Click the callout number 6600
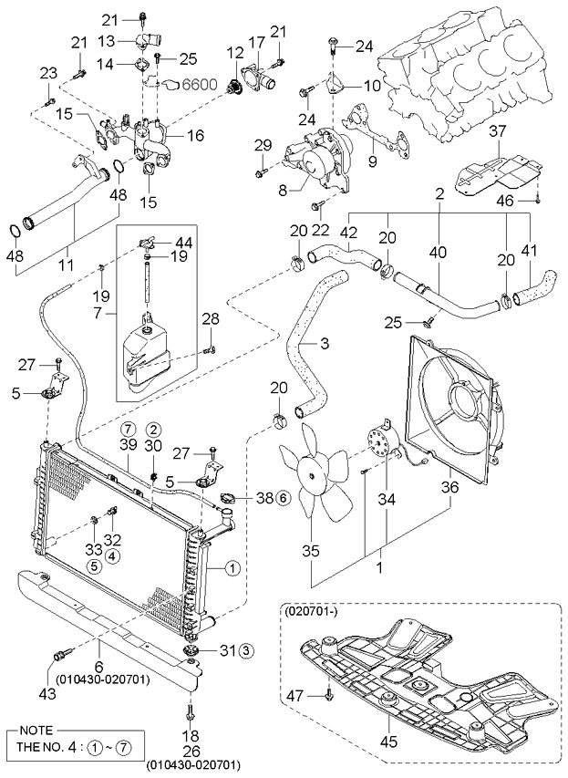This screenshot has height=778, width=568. pyautogui.click(x=200, y=84)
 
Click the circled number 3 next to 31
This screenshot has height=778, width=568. pyautogui.click(x=245, y=649)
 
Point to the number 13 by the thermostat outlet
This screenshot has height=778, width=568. pyautogui.click(x=106, y=41)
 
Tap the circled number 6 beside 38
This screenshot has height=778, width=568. pyautogui.click(x=283, y=498)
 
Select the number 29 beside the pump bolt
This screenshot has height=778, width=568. pyautogui.click(x=263, y=146)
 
